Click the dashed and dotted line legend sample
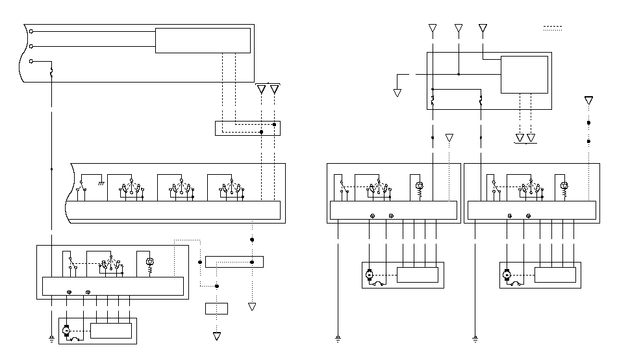[x=552, y=29]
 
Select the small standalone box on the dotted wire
[x=216, y=309]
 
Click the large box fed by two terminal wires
[x=203, y=40]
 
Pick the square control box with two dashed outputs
[x=523, y=75]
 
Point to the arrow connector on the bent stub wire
[x=397, y=93]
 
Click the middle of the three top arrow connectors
[x=459, y=29]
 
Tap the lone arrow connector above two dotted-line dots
[x=588, y=101]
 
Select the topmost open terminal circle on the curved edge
[x=31, y=31]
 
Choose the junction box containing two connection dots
[x=247, y=128]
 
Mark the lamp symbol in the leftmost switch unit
[x=149, y=262]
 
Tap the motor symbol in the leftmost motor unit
[x=66, y=331]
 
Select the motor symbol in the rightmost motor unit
[x=507, y=275]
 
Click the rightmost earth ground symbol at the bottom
[x=475, y=339]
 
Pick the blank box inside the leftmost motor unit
[x=110, y=330]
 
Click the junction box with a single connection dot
[x=234, y=262]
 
